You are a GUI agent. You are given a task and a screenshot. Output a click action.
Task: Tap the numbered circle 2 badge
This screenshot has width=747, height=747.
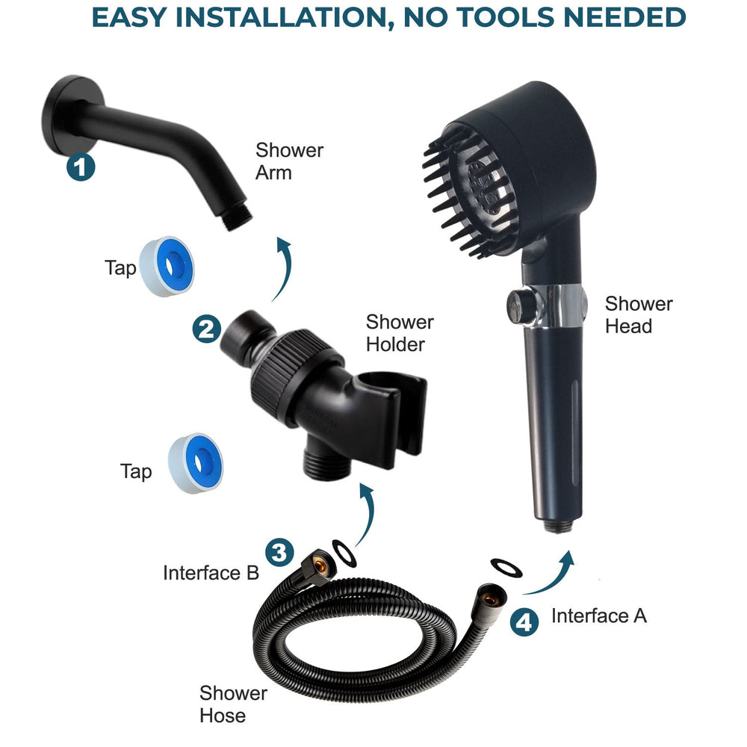207,329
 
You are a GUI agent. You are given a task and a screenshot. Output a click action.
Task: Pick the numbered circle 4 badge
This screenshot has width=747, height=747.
526,622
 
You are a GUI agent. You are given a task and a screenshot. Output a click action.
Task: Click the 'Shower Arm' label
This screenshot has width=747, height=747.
289,161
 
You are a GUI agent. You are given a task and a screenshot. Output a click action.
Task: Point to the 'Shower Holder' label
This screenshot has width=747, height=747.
399,333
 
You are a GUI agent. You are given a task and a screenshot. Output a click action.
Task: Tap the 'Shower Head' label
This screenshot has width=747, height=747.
638,314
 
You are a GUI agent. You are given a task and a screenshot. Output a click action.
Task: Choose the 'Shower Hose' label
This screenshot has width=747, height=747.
233,704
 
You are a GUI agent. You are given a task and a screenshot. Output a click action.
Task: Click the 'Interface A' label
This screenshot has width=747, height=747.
598,616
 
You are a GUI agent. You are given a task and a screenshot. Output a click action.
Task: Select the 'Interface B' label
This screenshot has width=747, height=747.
211,573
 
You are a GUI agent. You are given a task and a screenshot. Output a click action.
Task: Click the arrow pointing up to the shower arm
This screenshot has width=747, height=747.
282,269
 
